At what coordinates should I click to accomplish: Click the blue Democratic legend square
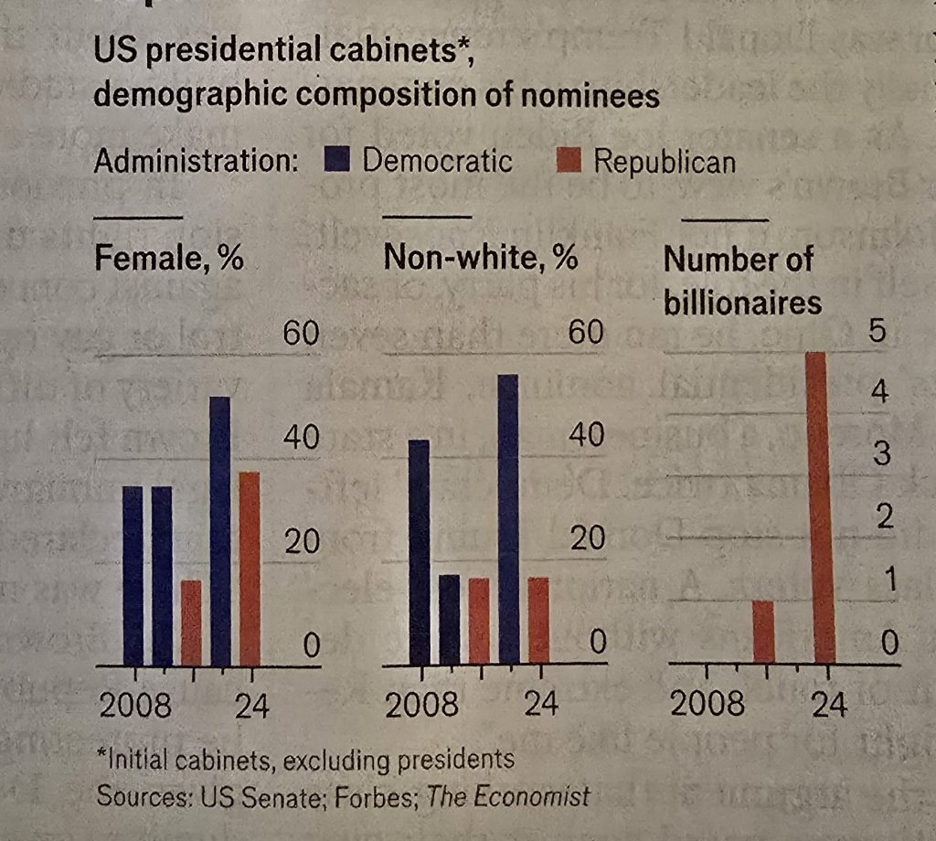click(337, 162)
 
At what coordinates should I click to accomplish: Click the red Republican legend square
click(569, 163)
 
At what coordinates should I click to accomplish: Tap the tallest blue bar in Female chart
click(219, 530)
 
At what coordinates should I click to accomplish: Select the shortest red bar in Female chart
click(190, 622)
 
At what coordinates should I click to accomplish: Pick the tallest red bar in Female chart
click(249, 568)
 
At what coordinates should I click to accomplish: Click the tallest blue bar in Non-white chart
click(507, 518)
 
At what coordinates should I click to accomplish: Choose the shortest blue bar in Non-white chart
click(449, 619)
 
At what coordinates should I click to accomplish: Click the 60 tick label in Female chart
click(300, 335)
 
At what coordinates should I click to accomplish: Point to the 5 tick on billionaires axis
click(877, 332)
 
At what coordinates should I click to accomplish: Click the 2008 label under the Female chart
click(134, 706)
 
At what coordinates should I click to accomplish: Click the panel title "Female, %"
click(169, 259)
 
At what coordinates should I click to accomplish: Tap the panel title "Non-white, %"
click(481, 259)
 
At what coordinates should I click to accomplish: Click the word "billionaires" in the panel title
click(742, 302)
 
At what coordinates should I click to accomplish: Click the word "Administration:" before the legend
click(197, 163)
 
